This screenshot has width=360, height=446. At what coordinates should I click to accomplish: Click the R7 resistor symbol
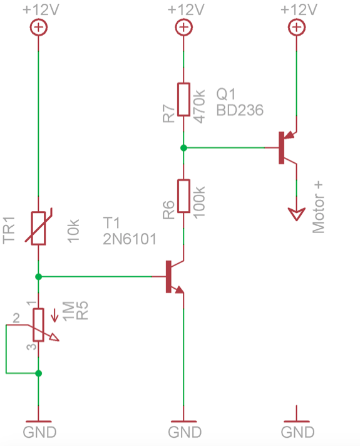183,99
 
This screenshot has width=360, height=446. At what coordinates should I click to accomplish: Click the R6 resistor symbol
183,196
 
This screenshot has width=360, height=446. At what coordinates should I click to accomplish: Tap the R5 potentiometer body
38,324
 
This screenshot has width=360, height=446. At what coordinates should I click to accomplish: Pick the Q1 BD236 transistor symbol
285,147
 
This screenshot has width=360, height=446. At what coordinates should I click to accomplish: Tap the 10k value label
73,231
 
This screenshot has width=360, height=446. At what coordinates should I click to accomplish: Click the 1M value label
69,309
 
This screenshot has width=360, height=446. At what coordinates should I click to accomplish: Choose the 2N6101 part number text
130,238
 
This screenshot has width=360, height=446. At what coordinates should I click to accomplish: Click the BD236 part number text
240,110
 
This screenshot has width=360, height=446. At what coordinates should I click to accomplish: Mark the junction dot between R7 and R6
183,148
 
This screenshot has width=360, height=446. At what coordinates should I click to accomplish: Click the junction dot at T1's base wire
38,276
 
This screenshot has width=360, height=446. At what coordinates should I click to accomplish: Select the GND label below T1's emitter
185,432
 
